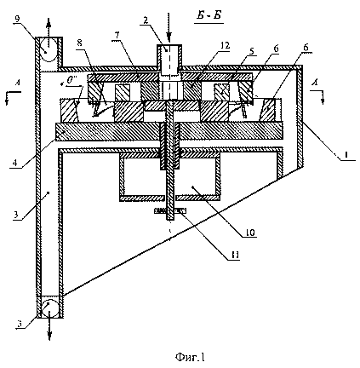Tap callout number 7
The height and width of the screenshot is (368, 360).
click(x=117, y=36)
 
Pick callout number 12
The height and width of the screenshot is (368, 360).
click(x=226, y=45)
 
